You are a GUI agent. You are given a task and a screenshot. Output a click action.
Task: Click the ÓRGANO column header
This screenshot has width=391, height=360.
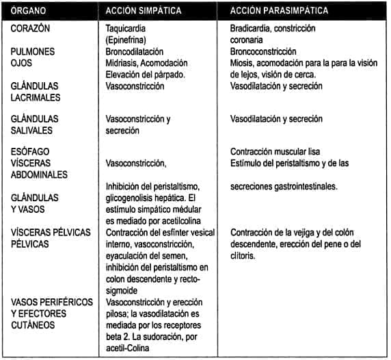click(x=29, y=12)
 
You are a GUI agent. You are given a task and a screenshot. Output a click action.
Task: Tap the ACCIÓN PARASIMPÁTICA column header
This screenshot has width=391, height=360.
click(x=279, y=12)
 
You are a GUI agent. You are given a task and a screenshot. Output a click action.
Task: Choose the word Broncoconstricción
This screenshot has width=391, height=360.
click(x=264, y=51)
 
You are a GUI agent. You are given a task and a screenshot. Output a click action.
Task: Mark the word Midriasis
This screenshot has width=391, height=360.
click(x=123, y=63)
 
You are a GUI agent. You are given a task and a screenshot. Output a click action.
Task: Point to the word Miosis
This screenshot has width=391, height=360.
click(x=242, y=63)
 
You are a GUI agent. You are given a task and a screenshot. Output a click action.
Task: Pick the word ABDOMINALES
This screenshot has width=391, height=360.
click(x=39, y=175)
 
